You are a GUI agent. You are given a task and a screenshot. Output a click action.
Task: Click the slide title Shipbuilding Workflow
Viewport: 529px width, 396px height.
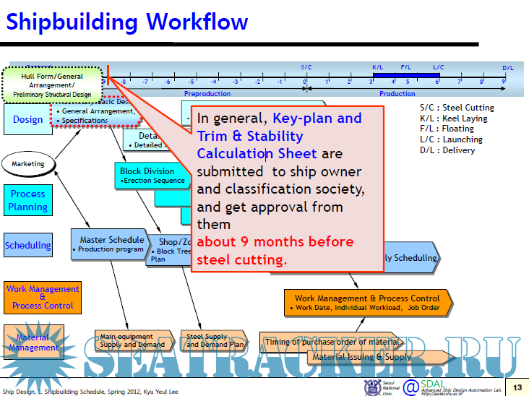[x=127, y=22]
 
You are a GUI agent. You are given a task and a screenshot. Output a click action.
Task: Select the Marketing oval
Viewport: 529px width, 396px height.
[x=28, y=164]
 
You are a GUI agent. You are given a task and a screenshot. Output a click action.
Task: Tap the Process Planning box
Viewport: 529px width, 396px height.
[x=27, y=200]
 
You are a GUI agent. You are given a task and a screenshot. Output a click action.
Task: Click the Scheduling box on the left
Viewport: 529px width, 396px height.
[x=28, y=245]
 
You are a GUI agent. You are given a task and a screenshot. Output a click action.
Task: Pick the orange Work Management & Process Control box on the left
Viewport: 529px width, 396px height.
[x=43, y=297]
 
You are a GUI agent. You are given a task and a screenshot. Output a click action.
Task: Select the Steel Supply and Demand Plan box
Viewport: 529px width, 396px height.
[x=214, y=340]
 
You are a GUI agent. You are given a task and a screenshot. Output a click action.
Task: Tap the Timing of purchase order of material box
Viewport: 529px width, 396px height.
[x=332, y=342]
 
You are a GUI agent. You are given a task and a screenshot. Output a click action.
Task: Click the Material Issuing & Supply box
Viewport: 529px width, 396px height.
[x=361, y=356]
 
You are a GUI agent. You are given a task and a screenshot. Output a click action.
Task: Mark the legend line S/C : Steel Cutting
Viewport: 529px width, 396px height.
[x=457, y=108]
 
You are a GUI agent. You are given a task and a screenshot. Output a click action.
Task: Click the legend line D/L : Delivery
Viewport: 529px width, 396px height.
[x=447, y=150]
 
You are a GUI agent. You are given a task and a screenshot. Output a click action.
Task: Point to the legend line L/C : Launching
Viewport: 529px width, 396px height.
[x=451, y=139]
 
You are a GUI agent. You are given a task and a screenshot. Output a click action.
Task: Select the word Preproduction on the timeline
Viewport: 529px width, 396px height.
[x=207, y=94]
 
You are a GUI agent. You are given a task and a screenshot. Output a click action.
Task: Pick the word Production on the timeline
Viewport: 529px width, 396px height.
[x=397, y=94]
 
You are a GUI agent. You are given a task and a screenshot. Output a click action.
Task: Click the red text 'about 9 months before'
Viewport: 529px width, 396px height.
[x=275, y=241]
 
